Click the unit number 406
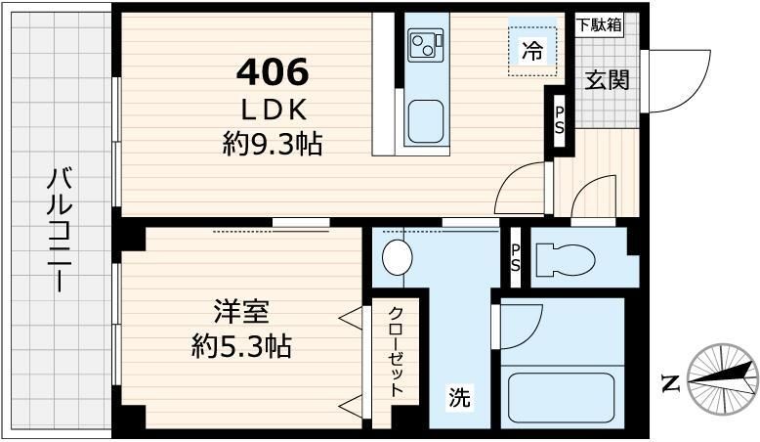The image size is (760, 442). tap(274, 71)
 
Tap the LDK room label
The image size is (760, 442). tap(274, 108)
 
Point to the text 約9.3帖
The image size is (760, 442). tap(273, 146)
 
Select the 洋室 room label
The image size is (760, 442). tap(241, 313)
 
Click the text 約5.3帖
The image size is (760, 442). tap(241, 346)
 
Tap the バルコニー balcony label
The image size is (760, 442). tap(61, 231)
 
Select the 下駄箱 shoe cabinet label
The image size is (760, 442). tap(598, 25)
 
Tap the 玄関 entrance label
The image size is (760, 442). tap(607, 79)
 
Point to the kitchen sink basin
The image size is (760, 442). tap(426, 121)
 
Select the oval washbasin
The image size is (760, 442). tap(397, 258)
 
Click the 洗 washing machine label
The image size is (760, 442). tap(459, 398)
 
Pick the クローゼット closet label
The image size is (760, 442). tap(397, 350)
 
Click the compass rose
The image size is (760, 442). tap(724, 379)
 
